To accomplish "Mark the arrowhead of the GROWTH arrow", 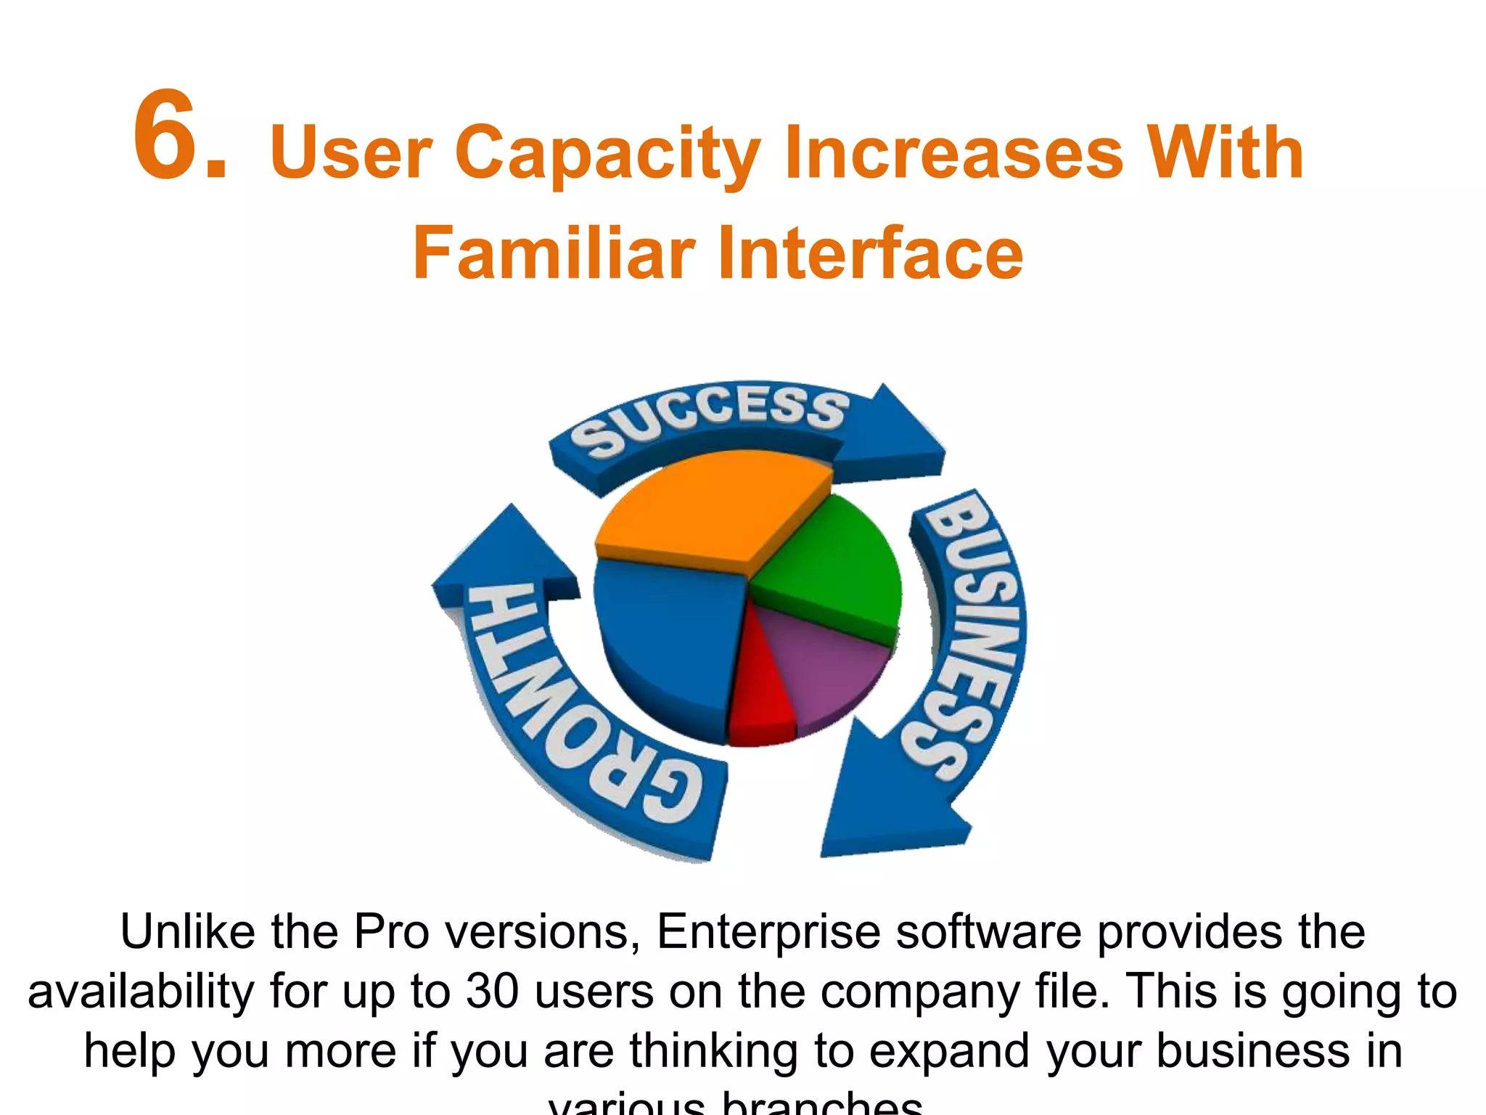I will (508, 559).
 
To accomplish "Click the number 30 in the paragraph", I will (492, 992).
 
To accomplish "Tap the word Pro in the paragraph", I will (392, 932).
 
